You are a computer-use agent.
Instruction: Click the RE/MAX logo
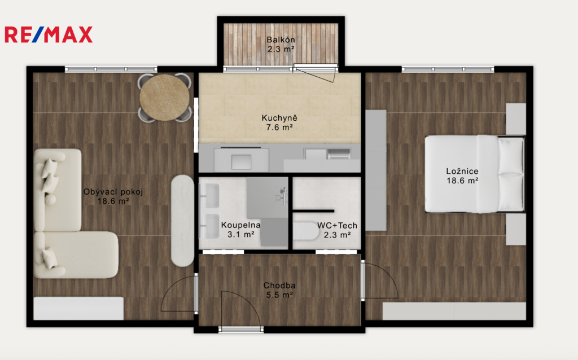(x=49, y=34)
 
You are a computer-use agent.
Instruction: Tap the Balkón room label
(x=281, y=39)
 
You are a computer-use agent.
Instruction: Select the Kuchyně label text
(x=279, y=118)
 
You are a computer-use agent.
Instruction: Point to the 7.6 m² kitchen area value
(x=279, y=128)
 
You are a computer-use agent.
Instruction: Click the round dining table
(x=164, y=97)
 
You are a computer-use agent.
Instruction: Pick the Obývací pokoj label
(x=113, y=192)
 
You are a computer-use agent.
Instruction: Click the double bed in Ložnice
(x=474, y=174)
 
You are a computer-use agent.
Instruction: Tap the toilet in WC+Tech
(x=306, y=231)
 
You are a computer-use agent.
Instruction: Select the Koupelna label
(x=240, y=225)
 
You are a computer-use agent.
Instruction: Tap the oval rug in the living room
(x=182, y=221)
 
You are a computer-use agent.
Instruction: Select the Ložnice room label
(x=462, y=171)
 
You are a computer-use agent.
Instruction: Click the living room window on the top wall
(x=111, y=69)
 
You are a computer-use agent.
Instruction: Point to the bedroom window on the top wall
(x=448, y=69)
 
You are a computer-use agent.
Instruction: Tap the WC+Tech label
(x=338, y=225)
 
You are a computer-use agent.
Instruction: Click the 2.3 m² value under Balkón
(x=281, y=49)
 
